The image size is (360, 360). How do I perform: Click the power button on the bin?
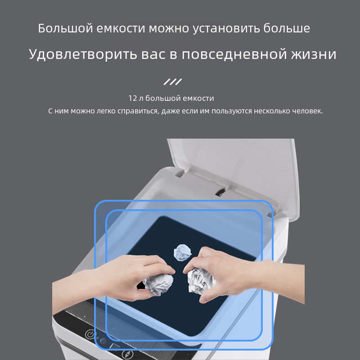coord(90,334)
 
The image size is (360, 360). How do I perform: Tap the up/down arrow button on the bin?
coord(127,354)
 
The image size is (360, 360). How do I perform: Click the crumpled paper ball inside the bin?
coord(183,252)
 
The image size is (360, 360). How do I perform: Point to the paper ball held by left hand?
coord(158,284)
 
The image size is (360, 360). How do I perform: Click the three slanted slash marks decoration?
coord(173,82)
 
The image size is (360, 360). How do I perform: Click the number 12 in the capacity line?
coord(133,98)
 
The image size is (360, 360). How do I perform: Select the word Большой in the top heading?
coord(65,28)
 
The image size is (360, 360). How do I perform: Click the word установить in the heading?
coord(226,29)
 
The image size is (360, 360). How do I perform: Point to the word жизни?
coord(314,54)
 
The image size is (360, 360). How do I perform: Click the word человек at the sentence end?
coord(307,111)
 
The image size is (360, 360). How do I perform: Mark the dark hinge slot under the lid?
coord(220,192)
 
